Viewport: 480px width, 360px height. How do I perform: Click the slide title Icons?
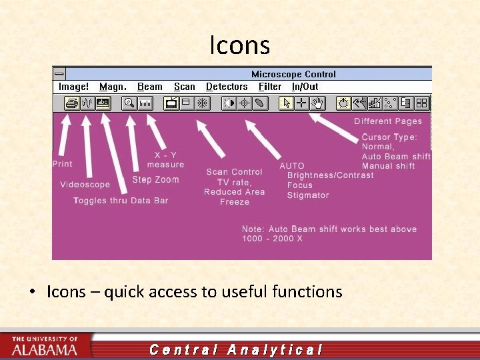click(239, 45)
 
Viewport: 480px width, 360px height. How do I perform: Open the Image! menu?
click(73, 87)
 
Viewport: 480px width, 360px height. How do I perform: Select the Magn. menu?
click(113, 87)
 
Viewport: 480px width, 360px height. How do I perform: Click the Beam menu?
click(149, 87)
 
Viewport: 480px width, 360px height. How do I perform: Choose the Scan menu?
click(184, 87)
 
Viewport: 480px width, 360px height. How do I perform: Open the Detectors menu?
click(227, 87)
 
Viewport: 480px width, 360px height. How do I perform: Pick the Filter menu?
click(270, 87)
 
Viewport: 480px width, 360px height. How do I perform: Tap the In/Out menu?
click(305, 87)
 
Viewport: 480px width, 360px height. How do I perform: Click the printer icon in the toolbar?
click(71, 103)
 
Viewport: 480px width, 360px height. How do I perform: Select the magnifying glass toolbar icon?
click(129, 103)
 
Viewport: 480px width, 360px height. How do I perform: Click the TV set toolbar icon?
click(171, 103)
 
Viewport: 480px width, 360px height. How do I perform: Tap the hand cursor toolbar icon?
click(318, 103)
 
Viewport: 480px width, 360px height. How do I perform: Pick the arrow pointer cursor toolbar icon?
click(287, 103)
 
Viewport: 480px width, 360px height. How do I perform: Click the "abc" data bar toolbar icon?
click(103, 103)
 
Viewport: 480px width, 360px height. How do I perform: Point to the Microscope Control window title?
click(293, 74)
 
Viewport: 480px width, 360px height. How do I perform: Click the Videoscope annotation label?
click(85, 185)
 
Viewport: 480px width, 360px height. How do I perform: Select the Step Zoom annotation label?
click(155, 179)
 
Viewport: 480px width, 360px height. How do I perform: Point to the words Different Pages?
click(388, 121)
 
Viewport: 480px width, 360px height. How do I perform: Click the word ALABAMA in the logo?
click(45, 349)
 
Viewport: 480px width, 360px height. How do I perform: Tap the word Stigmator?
click(308, 195)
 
